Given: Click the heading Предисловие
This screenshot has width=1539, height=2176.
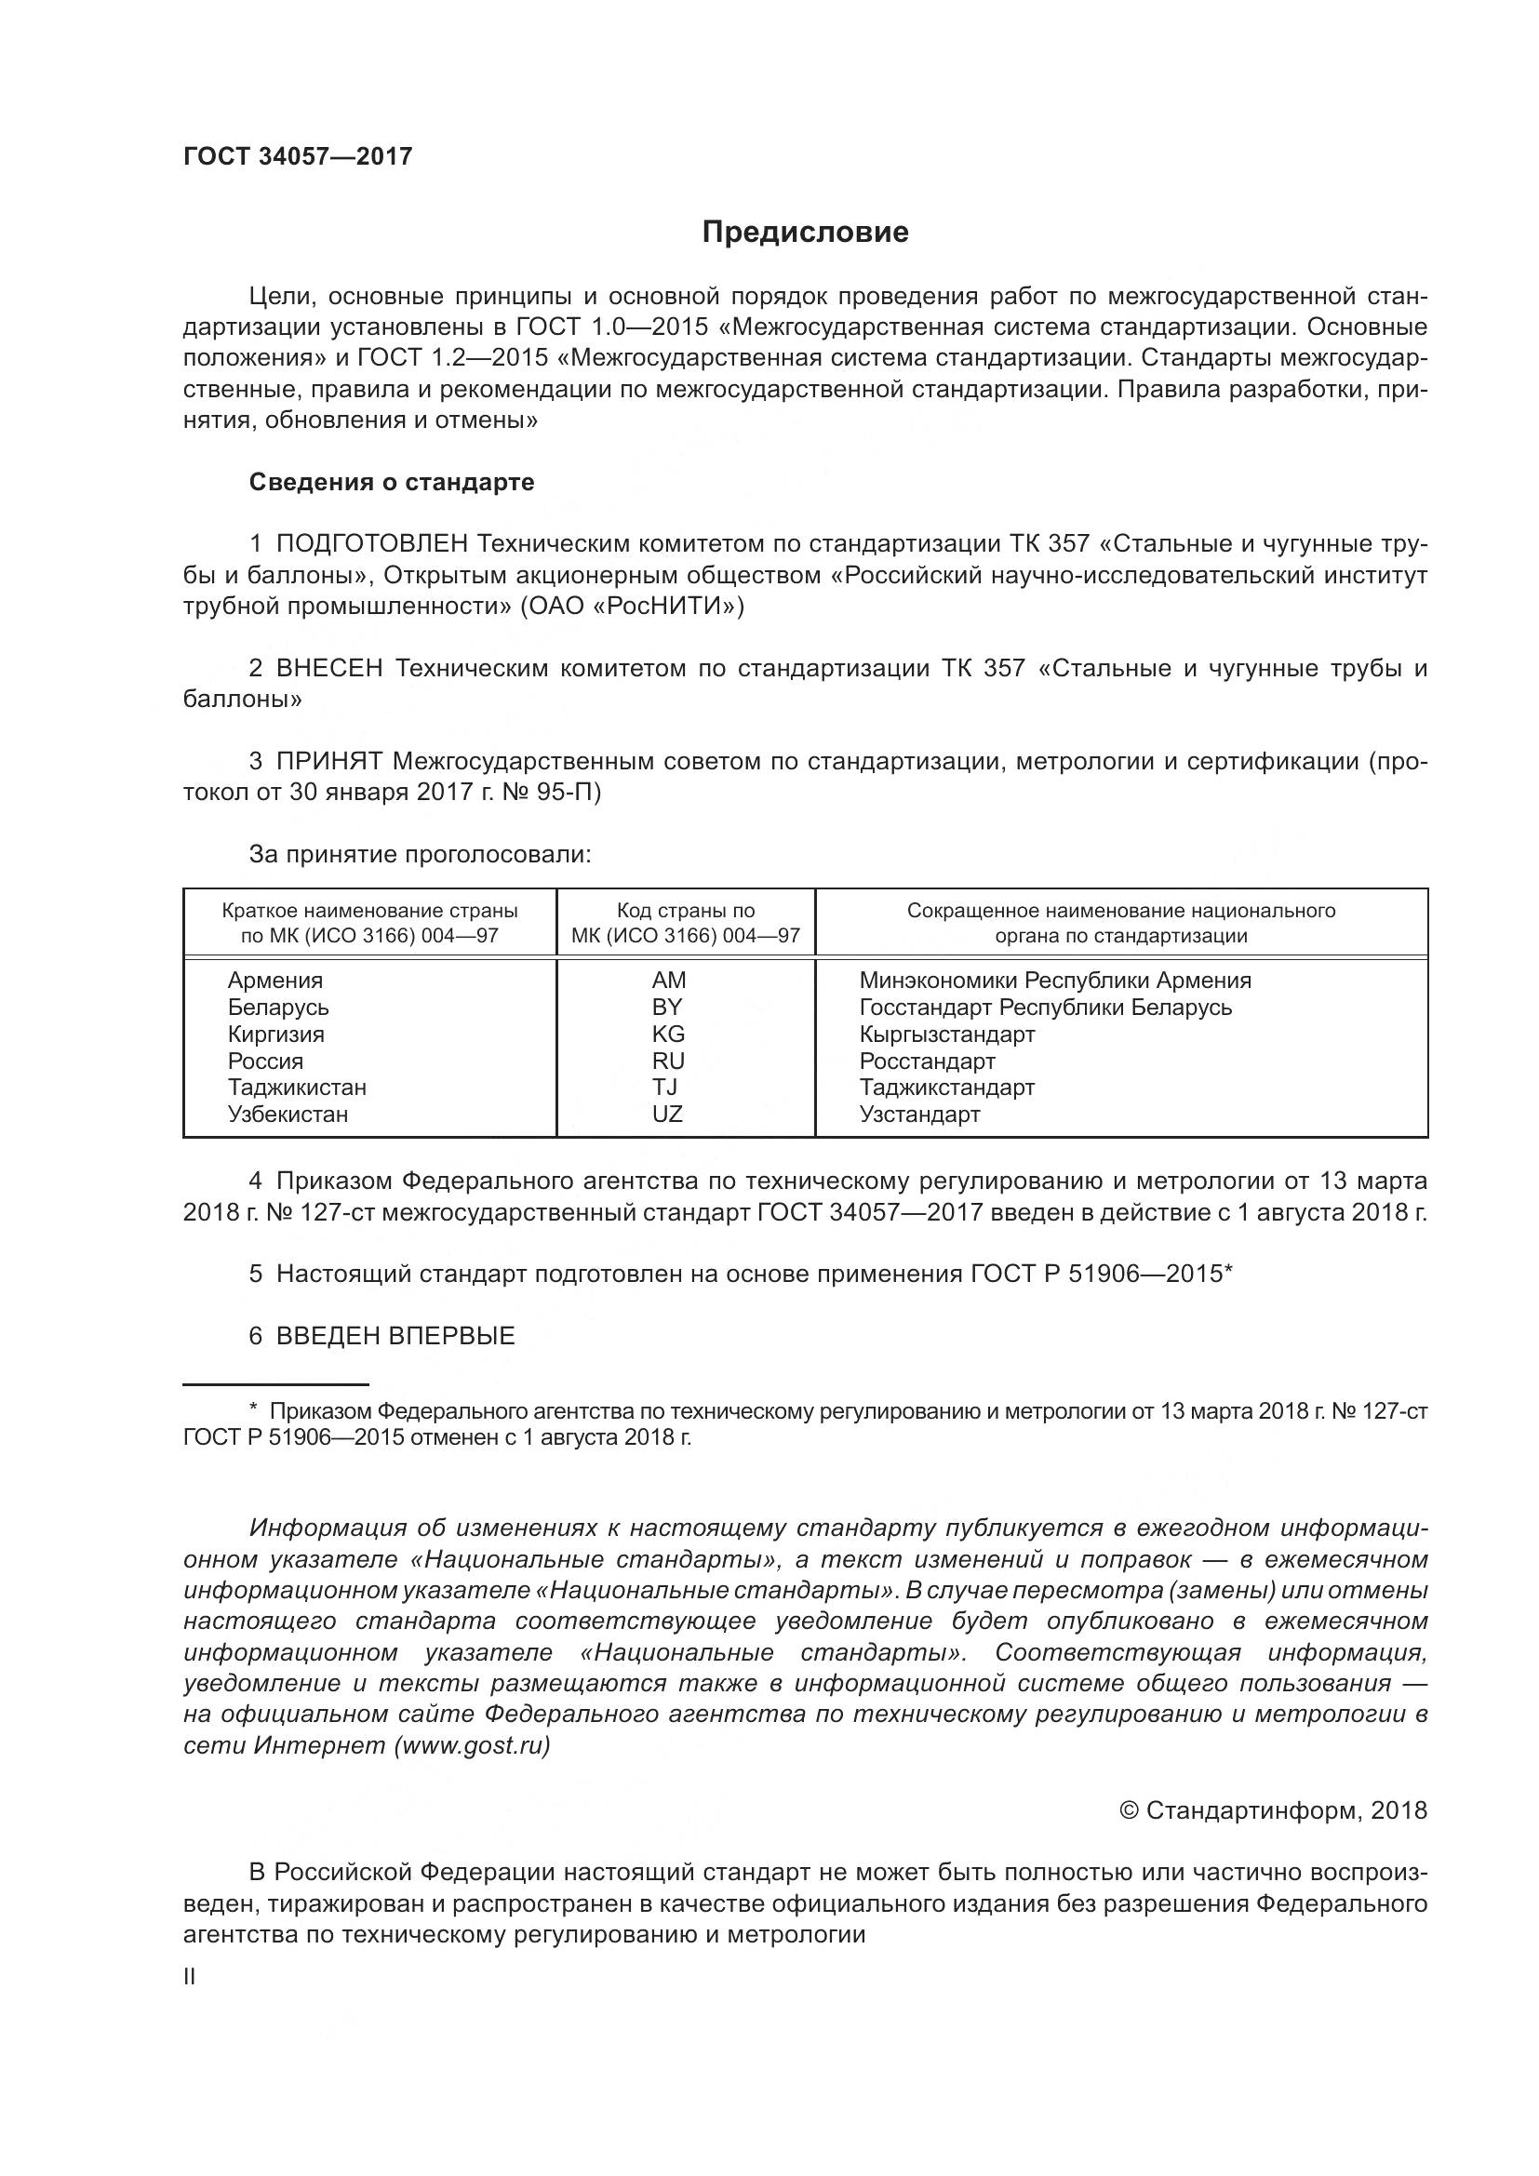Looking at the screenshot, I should pyautogui.click(x=805, y=233).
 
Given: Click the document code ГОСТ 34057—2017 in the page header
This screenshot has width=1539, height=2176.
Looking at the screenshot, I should pyautogui.click(x=298, y=156).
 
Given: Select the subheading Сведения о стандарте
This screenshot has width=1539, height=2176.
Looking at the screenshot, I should pyautogui.click(x=392, y=483).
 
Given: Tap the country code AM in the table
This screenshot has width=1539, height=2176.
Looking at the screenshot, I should pyautogui.click(x=668, y=980).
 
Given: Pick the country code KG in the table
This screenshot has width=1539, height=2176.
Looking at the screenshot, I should pyautogui.click(x=668, y=1034).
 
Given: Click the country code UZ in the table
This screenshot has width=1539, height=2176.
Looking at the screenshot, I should pyautogui.click(x=667, y=1114).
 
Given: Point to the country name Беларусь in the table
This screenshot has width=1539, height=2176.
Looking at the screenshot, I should pyautogui.click(x=277, y=1007).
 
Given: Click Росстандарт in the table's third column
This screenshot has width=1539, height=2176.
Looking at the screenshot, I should pyautogui.click(x=927, y=1061).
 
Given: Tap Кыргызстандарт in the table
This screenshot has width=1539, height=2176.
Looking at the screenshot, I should pyautogui.click(x=946, y=1034).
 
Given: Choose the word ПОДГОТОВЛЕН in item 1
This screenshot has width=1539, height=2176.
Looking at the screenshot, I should pyautogui.click(x=371, y=544).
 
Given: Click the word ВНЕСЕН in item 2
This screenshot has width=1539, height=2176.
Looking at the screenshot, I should pyautogui.click(x=328, y=669).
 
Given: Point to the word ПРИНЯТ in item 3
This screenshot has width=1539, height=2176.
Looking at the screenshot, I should pyautogui.click(x=328, y=761).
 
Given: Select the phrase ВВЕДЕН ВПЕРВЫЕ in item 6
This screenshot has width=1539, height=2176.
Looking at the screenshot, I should pyautogui.click(x=395, y=1335).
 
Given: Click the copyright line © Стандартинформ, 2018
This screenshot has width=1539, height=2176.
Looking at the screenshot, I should pyautogui.click(x=1273, y=1810).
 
